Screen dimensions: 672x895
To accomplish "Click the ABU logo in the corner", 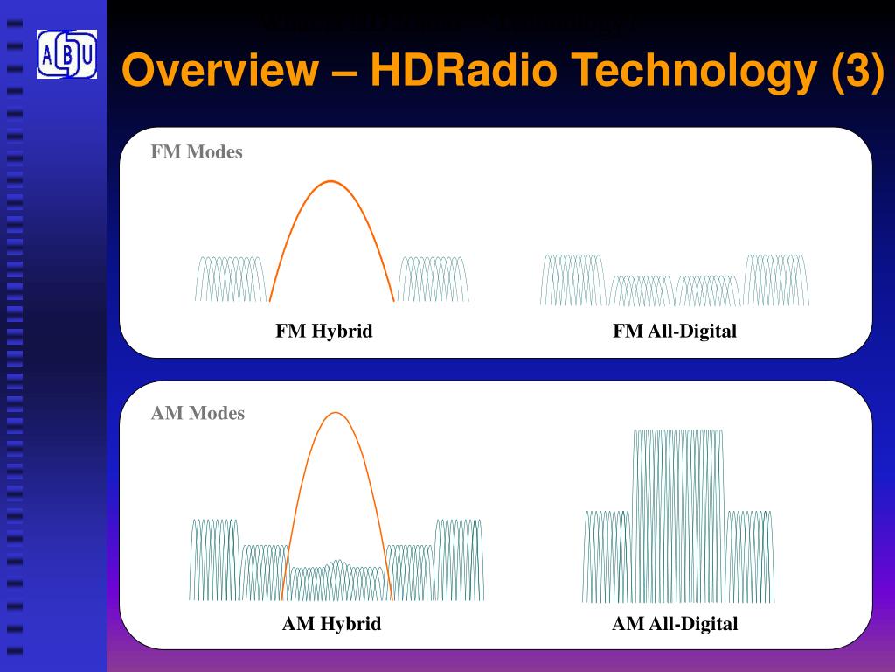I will [x=66, y=53].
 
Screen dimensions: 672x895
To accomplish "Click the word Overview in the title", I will [x=218, y=70].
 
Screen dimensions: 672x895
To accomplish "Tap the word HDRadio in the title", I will [x=463, y=70].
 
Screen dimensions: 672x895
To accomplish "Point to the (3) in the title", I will [x=857, y=71].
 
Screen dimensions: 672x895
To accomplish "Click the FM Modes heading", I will [x=197, y=152].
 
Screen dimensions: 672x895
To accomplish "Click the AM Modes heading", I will [x=198, y=413].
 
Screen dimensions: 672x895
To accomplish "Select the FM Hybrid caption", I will [x=324, y=332].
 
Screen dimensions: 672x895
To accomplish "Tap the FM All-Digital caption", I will [x=675, y=332].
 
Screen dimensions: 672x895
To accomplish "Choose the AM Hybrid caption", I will [x=331, y=624].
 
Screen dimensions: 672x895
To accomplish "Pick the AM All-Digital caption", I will [x=675, y=624].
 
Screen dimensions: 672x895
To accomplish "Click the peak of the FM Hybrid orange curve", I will [x=331, y=182].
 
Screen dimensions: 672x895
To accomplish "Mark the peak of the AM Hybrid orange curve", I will [x=336, y=413].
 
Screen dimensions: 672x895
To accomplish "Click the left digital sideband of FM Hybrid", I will [x=231, y=279].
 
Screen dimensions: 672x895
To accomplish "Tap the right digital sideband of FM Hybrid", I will [x=434, y=279].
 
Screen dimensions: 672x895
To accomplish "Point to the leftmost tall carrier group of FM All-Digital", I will [x=572, y=280].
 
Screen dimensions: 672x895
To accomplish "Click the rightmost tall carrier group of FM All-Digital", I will [x=777, y=280].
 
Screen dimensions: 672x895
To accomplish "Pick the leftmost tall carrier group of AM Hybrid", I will [x=214, y=559].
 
